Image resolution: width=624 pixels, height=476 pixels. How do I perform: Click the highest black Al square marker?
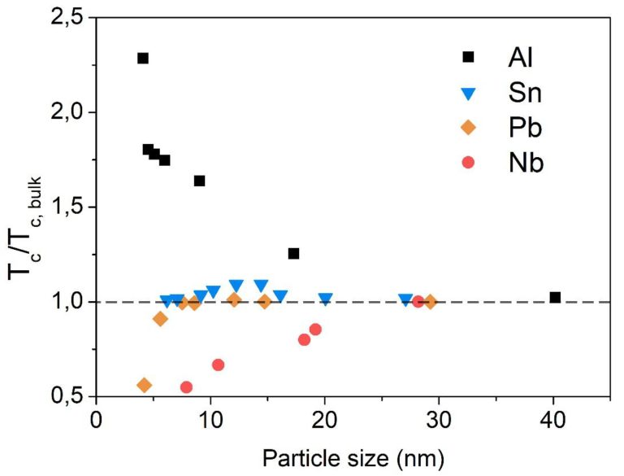click(143, 59)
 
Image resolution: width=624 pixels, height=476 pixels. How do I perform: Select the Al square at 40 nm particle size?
click(555, 298)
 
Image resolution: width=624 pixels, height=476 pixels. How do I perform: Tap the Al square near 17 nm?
click(294, 254)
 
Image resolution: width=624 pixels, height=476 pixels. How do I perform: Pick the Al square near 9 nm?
click(199, 181)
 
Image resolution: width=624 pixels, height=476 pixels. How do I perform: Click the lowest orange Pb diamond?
click(145, 385)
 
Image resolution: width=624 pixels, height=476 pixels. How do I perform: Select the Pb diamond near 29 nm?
click(430, 302)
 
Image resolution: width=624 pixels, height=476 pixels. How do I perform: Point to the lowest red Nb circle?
click(186, 387)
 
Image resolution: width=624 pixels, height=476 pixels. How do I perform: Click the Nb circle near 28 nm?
click(418, 302)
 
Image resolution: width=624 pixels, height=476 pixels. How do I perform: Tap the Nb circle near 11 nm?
click(218, 365)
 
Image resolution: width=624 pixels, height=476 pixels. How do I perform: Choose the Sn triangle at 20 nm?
click(325, 299)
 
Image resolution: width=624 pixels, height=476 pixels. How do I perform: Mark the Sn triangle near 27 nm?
click(405, 299)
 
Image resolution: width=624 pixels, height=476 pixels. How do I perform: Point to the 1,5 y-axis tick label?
click(64, 207)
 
